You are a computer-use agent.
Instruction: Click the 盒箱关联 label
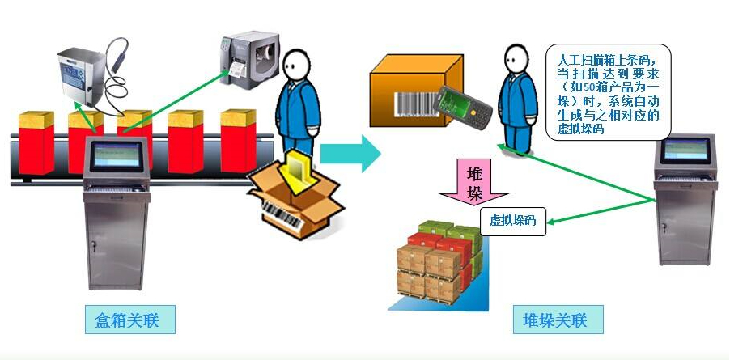pos(129,320)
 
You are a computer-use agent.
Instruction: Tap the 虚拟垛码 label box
pos(514,220)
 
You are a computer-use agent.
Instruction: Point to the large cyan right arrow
pos(350,151)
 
